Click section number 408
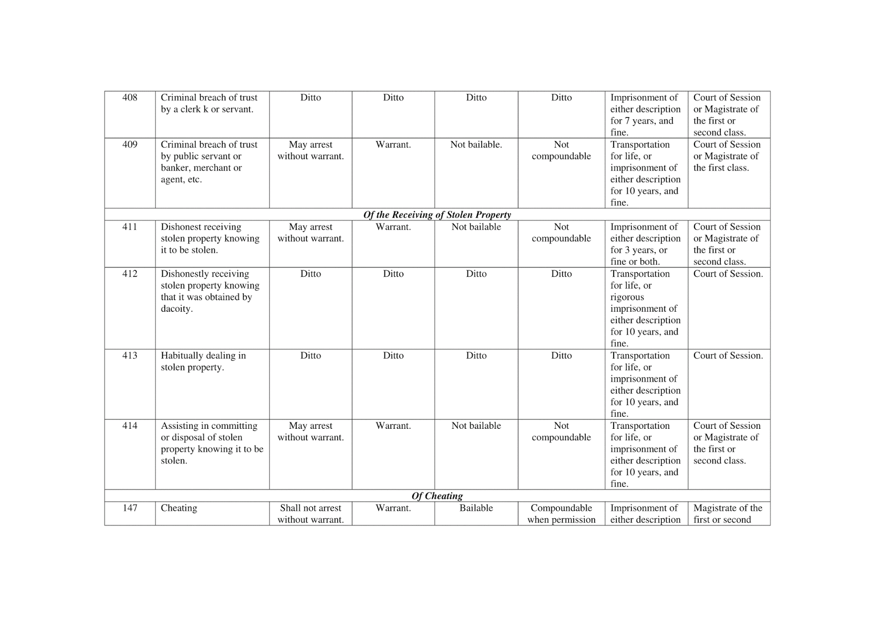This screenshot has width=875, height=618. point(130,97)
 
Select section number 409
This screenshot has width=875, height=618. point(130,144)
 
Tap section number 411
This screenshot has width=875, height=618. point(130,226)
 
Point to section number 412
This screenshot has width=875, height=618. point(130,273)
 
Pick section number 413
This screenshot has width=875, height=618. point(130,355)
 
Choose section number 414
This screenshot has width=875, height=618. point(130,425)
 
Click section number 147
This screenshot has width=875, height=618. point(130,508)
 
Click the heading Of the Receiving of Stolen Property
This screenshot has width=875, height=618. point(437,214)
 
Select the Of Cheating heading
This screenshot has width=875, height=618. point(437,496)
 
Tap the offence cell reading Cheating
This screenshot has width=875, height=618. point(179,508)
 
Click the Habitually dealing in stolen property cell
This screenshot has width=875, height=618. point(203,362)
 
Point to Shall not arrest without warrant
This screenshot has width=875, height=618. point(311,514)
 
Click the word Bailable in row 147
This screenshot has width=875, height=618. point(476,508)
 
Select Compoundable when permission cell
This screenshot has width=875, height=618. point(561,514)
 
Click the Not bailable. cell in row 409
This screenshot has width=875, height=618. point(476,144)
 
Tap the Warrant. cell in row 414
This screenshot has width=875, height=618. point(393,425)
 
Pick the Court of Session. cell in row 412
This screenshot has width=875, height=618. point(728,273)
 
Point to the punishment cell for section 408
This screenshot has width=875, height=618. point(645,114)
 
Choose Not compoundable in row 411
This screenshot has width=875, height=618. point(561,232)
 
